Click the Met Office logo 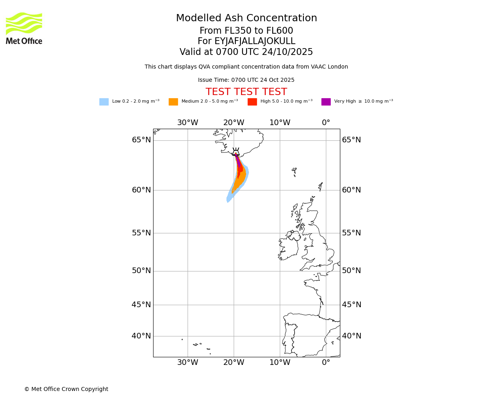click(x=24, y=28)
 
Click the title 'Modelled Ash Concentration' click(x=247, y=18)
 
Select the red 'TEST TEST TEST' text click(x=246, y=92)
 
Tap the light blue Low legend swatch click(x=104, y=102)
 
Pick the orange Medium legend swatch click(x=173, y=102)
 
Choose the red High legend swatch click(x=252, y=102)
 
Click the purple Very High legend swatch click(x=326, y=102)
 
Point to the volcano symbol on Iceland click(x=236, y=152)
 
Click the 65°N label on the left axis click(x=141, y=140)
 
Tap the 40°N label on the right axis click(x=352, y=336)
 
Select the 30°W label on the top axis click(x=188, y=123)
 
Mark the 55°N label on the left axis click(x=141, y=233)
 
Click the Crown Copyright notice click(x=66, y=389)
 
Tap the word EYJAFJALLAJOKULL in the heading click(x=255, y=41)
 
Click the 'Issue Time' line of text click(x=246, y=80)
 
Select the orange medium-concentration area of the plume click(x=240, y=180)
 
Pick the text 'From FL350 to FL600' click(x=246, y=31)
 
